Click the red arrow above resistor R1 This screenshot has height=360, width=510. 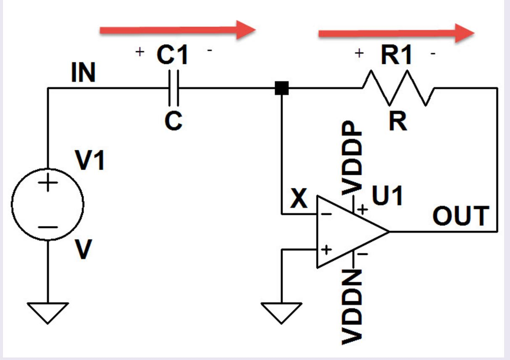point(396,33)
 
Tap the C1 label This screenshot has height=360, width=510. point(173,55)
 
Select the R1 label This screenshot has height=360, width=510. point(396,56)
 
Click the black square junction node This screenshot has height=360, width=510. point(282,89)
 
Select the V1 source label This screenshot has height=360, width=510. point(90,161)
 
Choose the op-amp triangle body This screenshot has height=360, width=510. point(349,232)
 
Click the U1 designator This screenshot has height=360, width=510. point(387,197)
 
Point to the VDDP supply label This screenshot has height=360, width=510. point(351,158)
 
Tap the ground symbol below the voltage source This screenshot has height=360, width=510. point(48,313)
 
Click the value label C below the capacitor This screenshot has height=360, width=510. point(173,120)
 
